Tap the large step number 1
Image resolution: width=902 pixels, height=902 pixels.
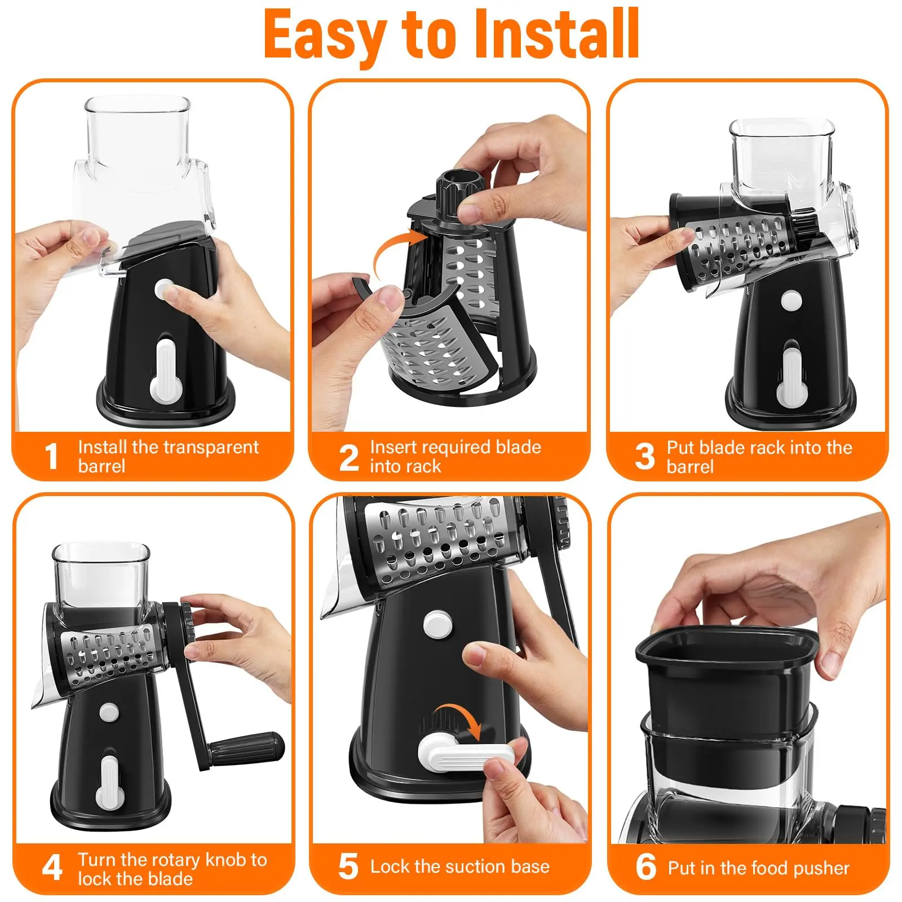point(52,456)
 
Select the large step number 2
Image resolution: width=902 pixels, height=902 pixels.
point(349,457)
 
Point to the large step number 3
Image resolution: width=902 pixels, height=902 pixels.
point(645,457)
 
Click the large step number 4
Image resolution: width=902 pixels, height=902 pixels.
point(52,868)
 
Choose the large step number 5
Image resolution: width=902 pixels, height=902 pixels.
point(348,866)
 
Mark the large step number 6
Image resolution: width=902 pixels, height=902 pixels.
point(646,867)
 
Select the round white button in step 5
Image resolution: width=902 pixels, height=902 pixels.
point(437,624)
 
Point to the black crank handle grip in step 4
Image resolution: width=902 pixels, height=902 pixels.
point(245,748)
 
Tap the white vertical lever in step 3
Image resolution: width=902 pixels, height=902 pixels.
point(792,375)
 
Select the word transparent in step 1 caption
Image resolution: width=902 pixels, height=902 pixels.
point(206,448)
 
